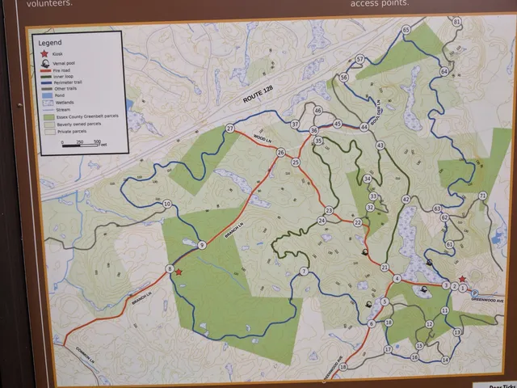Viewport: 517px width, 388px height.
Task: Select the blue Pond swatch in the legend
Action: pyautogui.click(x=44, y=95)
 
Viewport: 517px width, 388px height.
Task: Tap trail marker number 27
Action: pyautogui.click(x=230, y=129)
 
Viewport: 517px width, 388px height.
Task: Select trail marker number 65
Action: pyautogui.click(x=406, y=30)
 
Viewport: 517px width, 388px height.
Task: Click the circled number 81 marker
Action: pyautogui.click(x=456, y=22)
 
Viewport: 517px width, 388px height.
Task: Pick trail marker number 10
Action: pyautogui.click(x=167, y=205)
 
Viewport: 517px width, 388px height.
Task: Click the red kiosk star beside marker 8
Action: pyautogui.click(x=179, y=272)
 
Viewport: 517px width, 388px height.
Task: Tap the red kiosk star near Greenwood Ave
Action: pyautogui.click(x=462, y=279)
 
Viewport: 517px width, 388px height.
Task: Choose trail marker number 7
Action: pyautogui.click(x=304, y=272)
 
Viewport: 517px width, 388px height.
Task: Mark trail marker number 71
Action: pyautogui.click(x=482, y=196)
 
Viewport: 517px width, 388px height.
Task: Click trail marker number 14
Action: pyautogui.click(x=445, y=359)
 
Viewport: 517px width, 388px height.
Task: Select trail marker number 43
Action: pyautogui.click(x=380, y=145)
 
